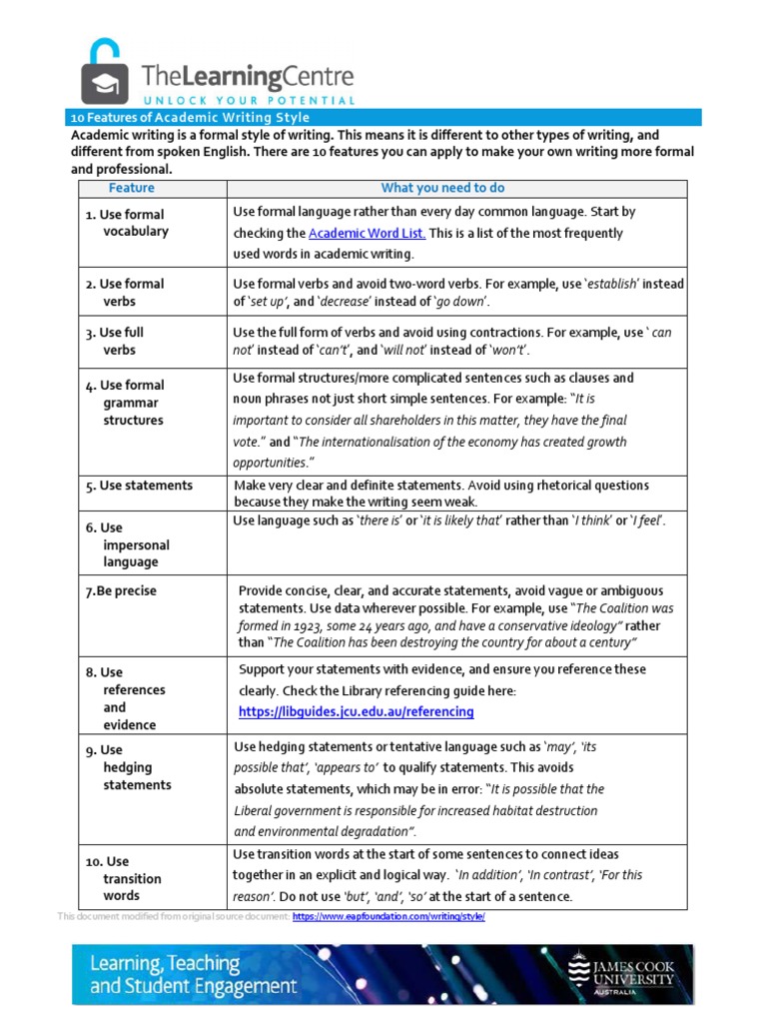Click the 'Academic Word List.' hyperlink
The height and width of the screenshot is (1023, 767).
367,233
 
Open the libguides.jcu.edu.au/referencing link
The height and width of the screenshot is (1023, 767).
356,712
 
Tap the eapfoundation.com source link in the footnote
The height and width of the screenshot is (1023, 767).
388,917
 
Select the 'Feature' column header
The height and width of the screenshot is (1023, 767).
132,188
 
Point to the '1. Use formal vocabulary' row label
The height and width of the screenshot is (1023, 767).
127,223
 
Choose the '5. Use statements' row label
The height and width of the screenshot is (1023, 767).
139,486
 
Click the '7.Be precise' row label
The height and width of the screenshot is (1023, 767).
121,591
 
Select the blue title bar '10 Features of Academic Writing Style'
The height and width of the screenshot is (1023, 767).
190,118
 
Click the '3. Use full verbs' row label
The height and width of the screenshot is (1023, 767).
124,342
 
